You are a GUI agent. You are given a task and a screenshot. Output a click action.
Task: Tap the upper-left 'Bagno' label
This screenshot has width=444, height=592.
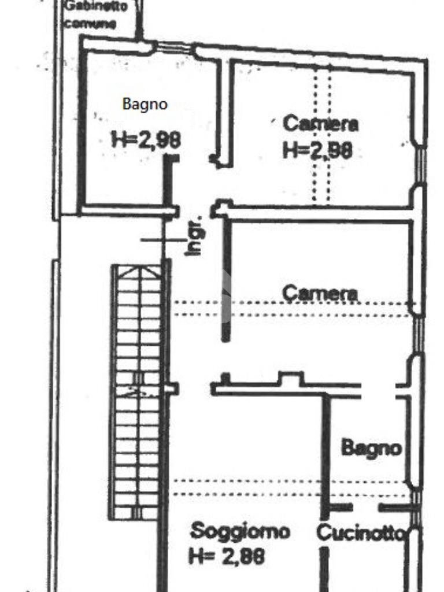pyautogui.click(x=145, y=104)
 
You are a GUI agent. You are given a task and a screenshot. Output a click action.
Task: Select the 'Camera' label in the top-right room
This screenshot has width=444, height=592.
pyautogui.click(x=321, y=123)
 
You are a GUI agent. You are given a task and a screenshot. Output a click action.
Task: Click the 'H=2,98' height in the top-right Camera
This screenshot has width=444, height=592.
pyautogui.click(x=317, y=150)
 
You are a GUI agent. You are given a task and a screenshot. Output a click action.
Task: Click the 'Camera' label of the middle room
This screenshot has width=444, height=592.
pyautogui.click(x=320, y=293)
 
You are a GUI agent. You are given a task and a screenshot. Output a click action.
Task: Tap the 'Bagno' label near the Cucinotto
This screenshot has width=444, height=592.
pyautogui.click(x=371, y=447)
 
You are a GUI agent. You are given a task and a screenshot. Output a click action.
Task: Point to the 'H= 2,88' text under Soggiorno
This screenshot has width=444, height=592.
pyautogui.click(x=227, y=556)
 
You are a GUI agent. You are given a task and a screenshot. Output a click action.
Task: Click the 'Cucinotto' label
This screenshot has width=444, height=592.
pyautogui.click(x=360, y=532)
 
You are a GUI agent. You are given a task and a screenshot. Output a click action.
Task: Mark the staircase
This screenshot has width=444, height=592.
pyautogui.click(x=138, y=391)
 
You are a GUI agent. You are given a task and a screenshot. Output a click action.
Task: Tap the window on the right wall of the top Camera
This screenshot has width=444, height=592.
pyautogui.click(x=420, y=165)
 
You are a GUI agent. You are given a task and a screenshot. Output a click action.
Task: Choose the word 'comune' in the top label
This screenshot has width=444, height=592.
pyautogui.click(x=90, y=24)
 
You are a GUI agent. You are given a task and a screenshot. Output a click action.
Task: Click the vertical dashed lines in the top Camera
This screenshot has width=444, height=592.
pyautogui.click(x=321, y=133)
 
